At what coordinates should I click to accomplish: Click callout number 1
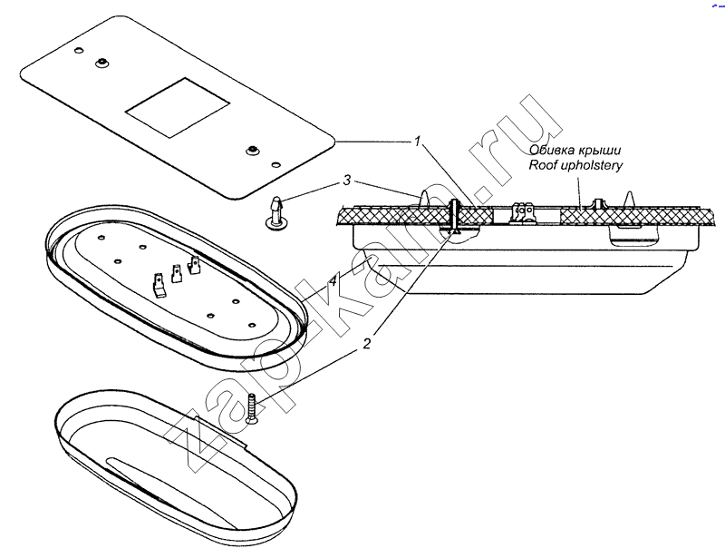418,141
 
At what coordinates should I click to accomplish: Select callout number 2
367,344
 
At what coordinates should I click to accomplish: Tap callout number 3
347,181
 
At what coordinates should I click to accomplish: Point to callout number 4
333,280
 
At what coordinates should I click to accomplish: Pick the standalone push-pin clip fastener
275,213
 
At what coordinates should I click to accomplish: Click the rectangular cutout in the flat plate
178,107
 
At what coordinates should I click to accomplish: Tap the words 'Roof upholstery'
575,166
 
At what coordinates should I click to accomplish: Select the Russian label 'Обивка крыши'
575,150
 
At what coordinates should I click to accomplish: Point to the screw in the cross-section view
453,217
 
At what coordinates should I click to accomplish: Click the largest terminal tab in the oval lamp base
159,285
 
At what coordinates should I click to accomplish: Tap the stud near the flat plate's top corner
101,63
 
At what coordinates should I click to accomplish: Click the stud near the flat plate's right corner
252,150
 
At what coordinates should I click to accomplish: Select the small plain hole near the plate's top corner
79,49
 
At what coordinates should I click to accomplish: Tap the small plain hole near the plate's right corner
276,164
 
